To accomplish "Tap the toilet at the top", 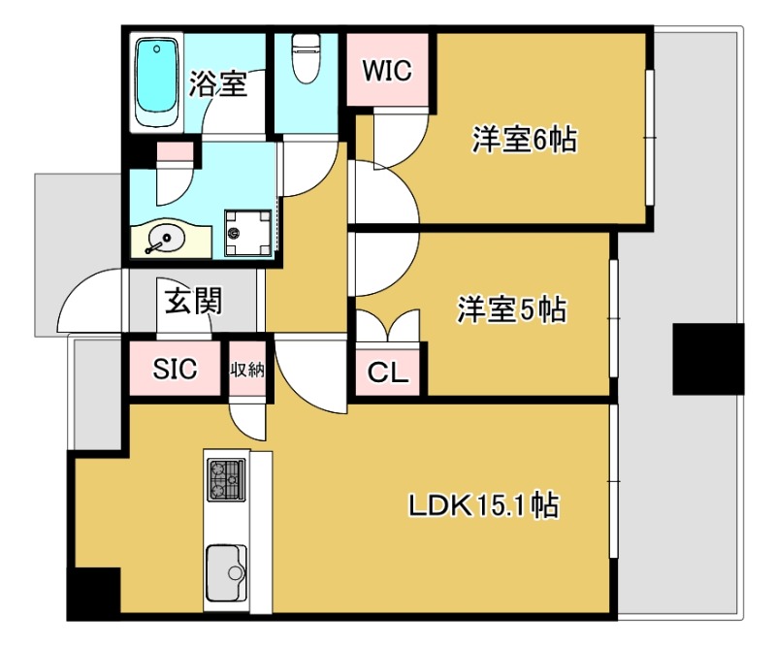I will coord(307,60).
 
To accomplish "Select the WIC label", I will coord(387,71).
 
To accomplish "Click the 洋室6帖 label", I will coord(524,142).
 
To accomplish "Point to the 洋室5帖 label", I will coord(512,310).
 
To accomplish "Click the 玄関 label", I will coord(192,303).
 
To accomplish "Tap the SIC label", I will coord(176,369).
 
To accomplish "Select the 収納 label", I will coord(247,369).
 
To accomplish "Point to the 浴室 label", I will coord(217,85).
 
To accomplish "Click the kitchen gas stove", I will coord(226,479).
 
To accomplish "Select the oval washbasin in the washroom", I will coord(166,236).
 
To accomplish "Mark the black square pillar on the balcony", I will coord(708,358).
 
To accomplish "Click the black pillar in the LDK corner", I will coord(93,592).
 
